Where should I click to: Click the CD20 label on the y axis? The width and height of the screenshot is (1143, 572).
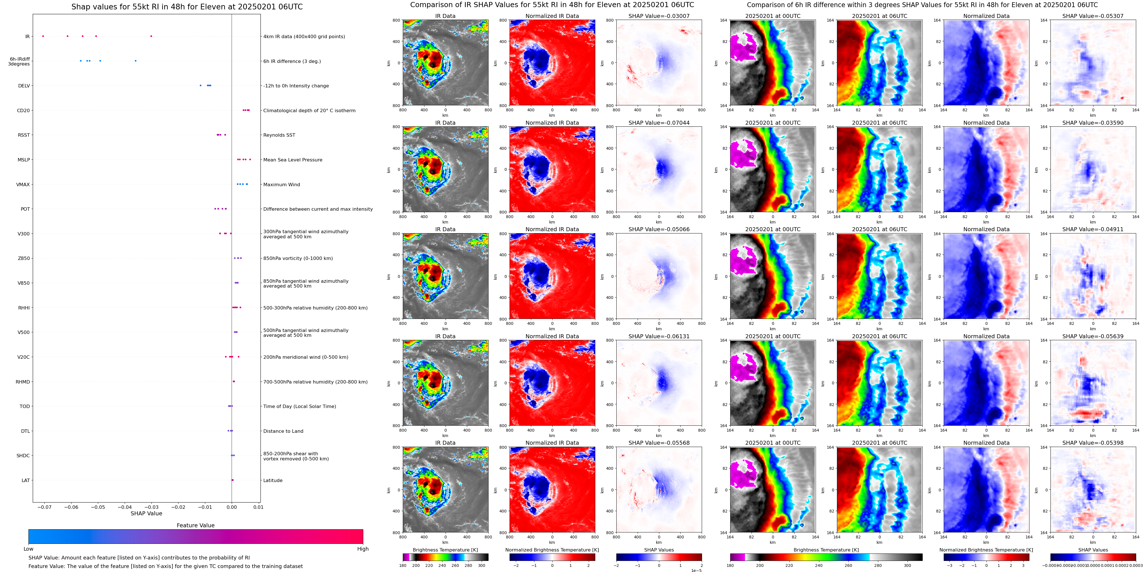pos(23,110)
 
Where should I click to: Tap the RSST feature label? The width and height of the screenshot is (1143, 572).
pos(24,135)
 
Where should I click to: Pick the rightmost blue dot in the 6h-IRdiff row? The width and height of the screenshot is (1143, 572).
pos(135,61)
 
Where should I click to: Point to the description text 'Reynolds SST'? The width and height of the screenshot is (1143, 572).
pos(279,135)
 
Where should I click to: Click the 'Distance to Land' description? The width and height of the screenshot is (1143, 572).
pos(283,431)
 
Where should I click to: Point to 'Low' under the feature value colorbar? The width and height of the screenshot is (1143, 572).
pos(28,549)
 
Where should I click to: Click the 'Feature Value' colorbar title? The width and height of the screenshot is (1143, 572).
pos(195,525)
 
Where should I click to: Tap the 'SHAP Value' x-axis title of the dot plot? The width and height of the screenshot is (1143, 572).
pos(146,513)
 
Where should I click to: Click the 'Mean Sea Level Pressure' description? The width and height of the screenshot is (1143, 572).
pos(292,160)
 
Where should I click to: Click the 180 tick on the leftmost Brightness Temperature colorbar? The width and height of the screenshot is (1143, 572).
pos(403,565)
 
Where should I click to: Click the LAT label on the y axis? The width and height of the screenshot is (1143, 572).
pos(26,480)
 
